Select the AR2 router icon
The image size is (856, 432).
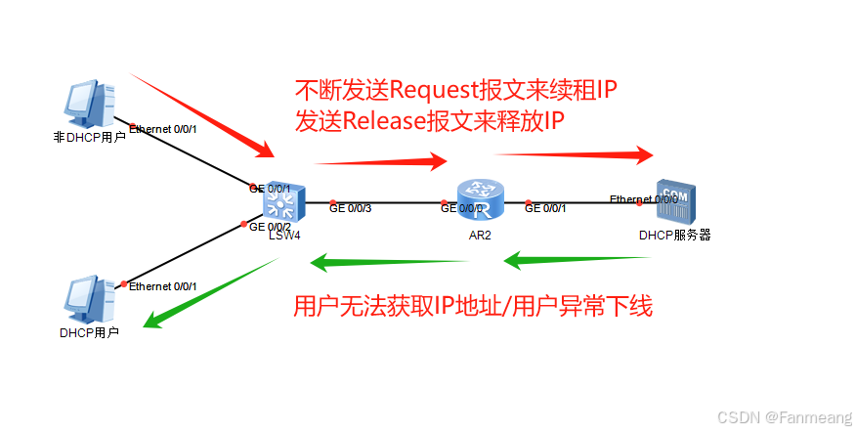coord(480,200)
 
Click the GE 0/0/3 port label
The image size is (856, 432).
coord(351,208)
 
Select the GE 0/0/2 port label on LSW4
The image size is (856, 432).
coord(271,227)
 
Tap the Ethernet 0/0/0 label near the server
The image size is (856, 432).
coord(643,199)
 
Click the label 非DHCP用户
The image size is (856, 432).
coord(89,138)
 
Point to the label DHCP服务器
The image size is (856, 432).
coord(674,236)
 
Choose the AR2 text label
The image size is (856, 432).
coord(480,236)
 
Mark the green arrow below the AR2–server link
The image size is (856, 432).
coord(578,260)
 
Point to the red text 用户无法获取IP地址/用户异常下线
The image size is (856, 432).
coord(473,307)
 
